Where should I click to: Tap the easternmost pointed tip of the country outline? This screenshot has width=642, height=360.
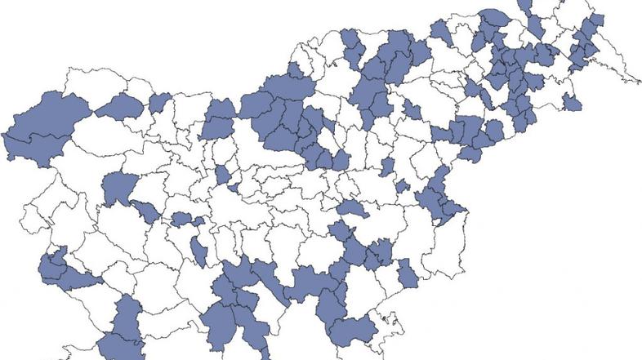point(640,82)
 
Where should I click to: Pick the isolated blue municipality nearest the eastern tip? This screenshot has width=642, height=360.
point(571,102)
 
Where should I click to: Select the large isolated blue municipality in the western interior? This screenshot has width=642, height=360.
point(119,188)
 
